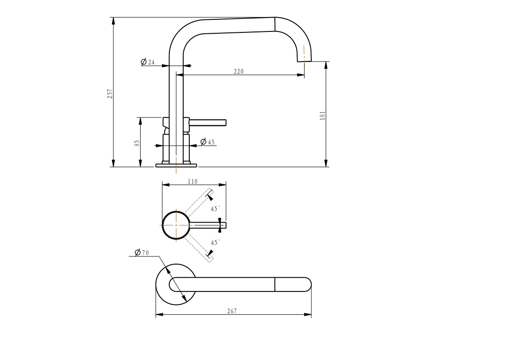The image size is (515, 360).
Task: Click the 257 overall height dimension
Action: point(110,93)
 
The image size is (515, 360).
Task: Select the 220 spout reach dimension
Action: point(239,71)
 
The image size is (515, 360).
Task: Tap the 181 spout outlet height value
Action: point(323,116)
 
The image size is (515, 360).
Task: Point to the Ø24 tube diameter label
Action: point(148,62)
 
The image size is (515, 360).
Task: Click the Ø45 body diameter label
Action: point(207,142)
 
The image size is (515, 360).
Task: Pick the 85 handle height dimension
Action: point(137,143)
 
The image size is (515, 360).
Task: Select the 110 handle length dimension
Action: point(192,181)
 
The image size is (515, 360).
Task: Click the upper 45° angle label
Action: point(215,209)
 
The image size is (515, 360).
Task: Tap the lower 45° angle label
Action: point(215,242)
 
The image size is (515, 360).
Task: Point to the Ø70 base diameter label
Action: point(142,252)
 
